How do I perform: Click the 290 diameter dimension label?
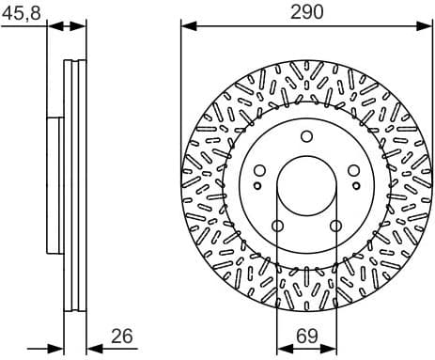[306, 11]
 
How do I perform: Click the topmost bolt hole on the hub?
[306, 137]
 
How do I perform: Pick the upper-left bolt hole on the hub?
[259, 171]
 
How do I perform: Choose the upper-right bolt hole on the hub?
[353, 171]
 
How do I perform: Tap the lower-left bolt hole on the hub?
[277, 226]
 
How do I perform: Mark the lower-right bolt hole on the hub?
[335, 226]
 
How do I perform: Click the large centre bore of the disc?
[306, 186]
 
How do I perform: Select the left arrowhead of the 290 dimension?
[186, 26]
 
